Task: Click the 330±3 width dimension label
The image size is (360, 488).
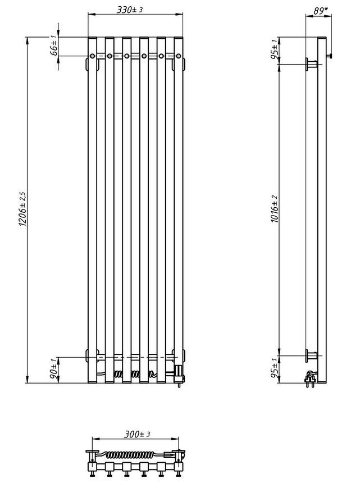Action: coord(129,10)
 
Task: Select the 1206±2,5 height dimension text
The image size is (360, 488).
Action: coord(22,209)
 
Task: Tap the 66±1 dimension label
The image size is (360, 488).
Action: coord(54,45)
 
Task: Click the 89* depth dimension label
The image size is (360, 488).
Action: coord(321,11)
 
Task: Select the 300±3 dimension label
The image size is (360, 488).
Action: coord(137,434)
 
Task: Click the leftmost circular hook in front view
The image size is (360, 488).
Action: coord(93,56)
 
